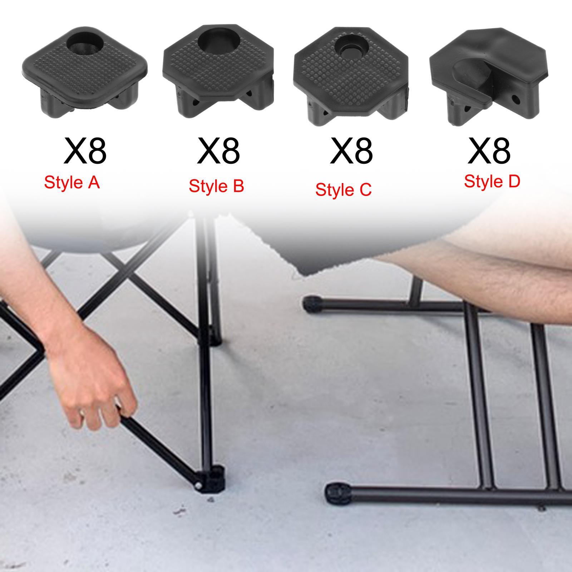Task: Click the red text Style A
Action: [x=71, y=183]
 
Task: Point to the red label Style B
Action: [x=216, y=186]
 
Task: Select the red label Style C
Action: [x=343, y=189]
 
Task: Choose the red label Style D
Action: [x=492, y=181]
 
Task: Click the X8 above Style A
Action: [x=85, y=151]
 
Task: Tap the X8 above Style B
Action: [x=218, y=151]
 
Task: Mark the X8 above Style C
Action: [x=351, y=151]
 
